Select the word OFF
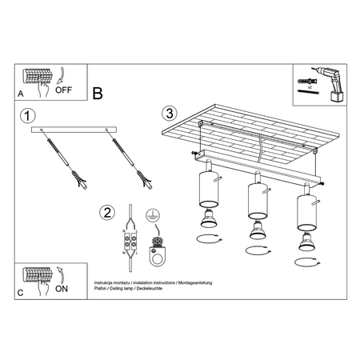[x=64, y=90]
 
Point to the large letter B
[x=98, y=94]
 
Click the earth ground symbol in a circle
[x=151, y=215]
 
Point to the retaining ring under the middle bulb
[x=258, y=251]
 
